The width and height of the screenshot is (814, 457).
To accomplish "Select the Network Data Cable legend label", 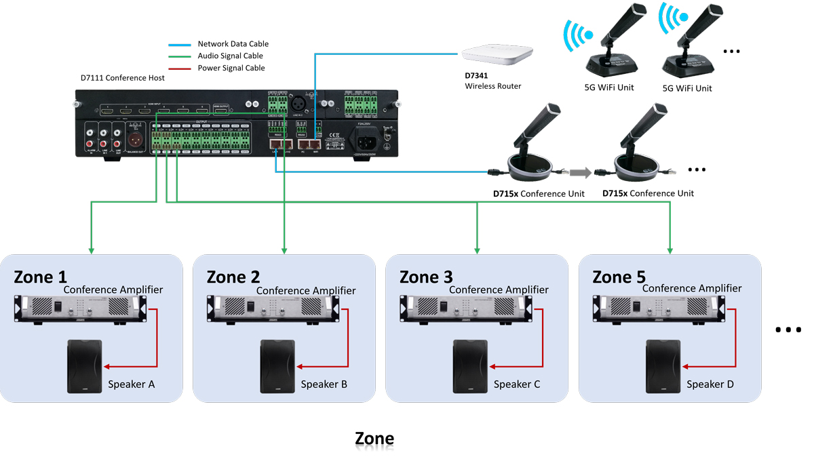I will coord(233,44).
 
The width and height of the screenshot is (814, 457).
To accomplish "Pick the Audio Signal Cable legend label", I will coord(230,56).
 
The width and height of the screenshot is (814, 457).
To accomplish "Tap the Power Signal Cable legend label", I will coord(231,68).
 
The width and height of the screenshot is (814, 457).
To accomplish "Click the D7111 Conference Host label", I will coord(123,78).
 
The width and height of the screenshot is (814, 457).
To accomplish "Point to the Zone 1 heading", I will coord(41,277).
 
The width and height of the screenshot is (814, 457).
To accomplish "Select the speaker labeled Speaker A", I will coord(84,366).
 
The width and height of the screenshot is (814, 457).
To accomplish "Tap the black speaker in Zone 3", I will coord(470,366).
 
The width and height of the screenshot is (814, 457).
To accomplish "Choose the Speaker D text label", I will coord(710,384).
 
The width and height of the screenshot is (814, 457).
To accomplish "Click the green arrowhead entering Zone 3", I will coord(478,251).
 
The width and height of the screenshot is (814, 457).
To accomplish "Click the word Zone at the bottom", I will coord(374,439).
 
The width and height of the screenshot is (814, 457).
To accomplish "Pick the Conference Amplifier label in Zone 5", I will coord(692,289).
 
